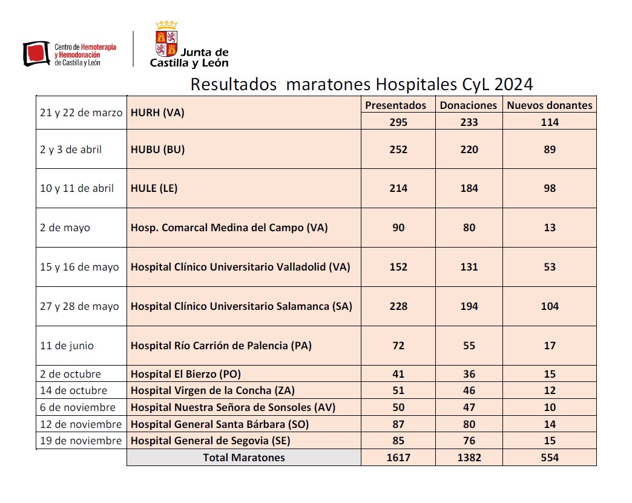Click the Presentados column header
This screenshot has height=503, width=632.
coord(395,105)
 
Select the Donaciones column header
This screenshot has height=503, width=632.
coord(469,105)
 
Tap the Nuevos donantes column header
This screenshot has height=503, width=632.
coord(549,105)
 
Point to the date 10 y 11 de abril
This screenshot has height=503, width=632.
coord(77,188)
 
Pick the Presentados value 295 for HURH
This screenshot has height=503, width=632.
coord(398,122)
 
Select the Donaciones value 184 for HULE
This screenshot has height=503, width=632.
coord(469,188)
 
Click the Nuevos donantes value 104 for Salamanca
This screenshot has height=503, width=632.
coord(549,306)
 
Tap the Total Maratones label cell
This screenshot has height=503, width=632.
coord(243,458)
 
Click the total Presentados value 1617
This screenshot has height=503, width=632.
coord(398,458)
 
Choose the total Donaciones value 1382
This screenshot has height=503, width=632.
coord(469,458)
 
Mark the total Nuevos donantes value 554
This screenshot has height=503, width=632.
coord(549,458)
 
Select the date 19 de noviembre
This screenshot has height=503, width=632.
coord(81,441)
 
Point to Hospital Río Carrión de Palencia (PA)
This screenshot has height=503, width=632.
coord(222,346)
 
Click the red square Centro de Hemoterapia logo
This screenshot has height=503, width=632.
coord(36,53)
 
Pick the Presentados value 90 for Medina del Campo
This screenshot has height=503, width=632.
coord(398,228)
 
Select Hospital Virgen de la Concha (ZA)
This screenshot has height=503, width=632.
coord(213,390)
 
